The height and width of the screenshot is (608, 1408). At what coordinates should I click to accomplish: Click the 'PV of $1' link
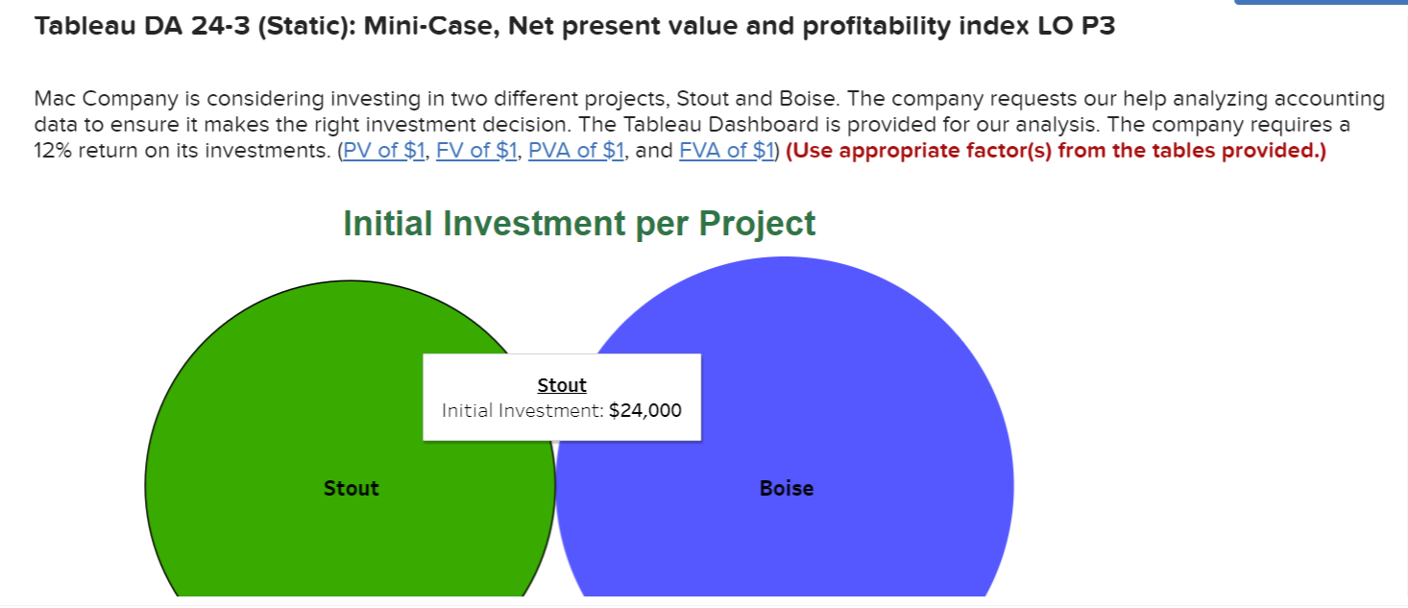coord(384,152)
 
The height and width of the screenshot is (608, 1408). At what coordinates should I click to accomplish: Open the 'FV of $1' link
coord(476,152)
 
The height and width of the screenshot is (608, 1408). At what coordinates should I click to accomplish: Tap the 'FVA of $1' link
coord(726,152)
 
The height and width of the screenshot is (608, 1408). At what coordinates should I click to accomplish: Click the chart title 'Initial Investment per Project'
coord(579,223)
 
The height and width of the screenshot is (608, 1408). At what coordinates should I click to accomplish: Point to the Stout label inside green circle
coord(351,488)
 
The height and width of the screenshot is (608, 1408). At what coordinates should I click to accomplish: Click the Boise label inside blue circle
coord(786,488)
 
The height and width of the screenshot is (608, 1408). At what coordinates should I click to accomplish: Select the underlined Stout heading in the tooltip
coord(562,385)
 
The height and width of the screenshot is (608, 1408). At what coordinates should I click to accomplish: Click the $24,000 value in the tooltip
coord(645,411)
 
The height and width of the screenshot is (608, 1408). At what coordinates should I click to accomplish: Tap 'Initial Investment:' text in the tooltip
coord(522,411)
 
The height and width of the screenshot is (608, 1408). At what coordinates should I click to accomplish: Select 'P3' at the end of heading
coord(1096,27)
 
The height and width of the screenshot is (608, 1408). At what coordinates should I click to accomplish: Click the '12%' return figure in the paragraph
coord(54,152)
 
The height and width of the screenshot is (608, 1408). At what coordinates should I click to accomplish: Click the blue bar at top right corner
coord(1320,3)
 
